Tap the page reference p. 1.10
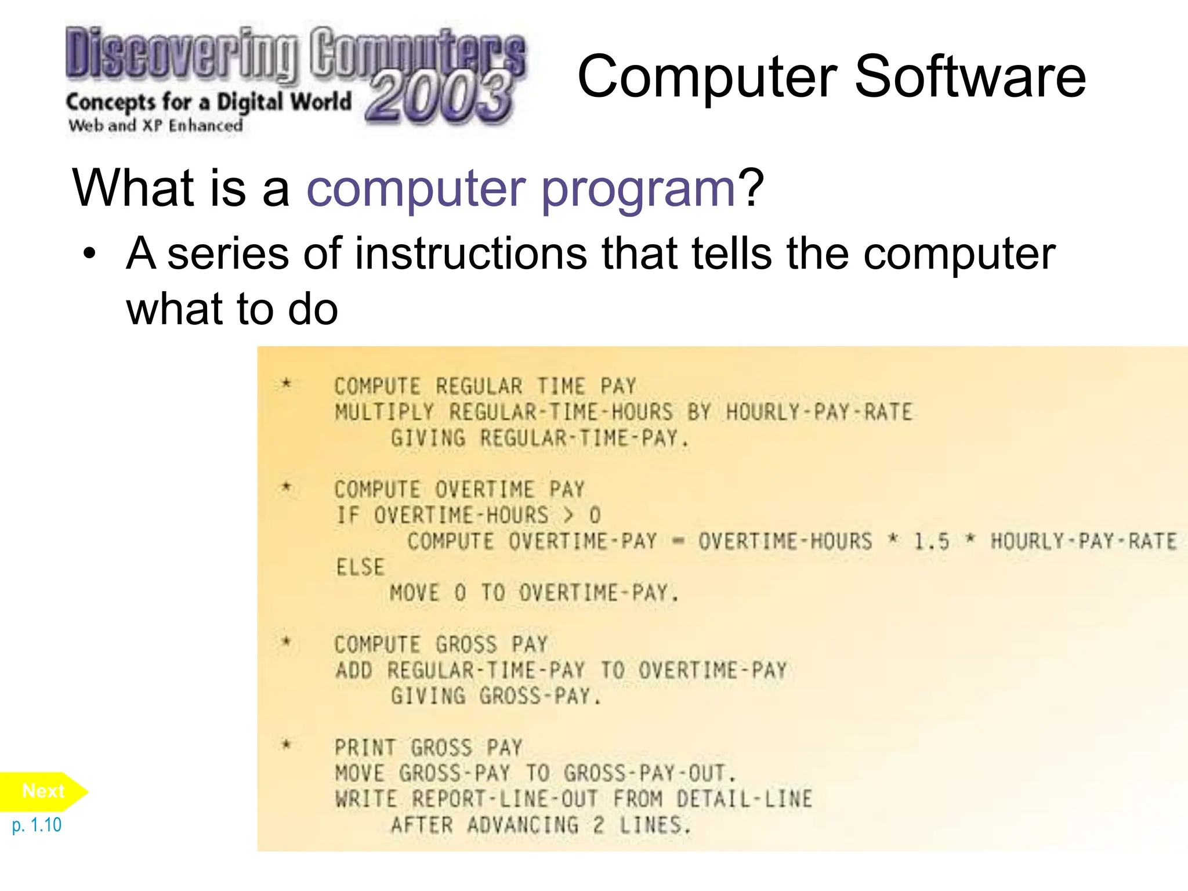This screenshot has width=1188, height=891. click(x=37, y=825)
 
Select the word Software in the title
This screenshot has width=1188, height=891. click(x=970, y=77)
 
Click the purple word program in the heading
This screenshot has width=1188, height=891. click(x=638, y=189)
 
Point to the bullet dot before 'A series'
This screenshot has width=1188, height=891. click(x=89, y=253)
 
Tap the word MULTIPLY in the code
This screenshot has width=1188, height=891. click(x=384, y=412)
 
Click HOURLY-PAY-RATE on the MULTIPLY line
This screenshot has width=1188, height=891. click(x=819, y=412)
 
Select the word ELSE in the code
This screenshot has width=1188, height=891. click(x=360, y=567)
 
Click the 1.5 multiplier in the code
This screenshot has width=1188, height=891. click(x=932, y=542)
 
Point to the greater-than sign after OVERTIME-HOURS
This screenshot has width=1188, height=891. click(x=568, y=515)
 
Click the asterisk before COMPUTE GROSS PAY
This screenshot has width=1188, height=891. click(x=286, y=642)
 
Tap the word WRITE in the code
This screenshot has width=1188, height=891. click(x=366, y=799)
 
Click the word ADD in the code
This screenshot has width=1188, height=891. click(x=354, y=671)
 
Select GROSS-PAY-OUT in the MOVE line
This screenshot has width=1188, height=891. click(x=645, y=773)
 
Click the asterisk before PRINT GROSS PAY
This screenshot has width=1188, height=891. click(x=286, y=745)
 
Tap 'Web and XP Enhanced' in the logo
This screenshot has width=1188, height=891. click(x=155, y=126)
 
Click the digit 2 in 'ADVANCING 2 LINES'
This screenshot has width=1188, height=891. click(x=598, y=825)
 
